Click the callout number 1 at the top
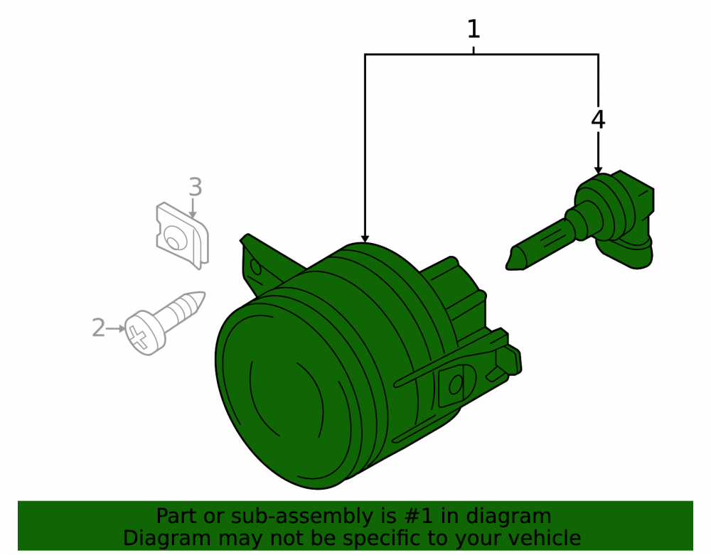[474, 29]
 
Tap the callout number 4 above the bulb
[598, 120]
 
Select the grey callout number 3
[196, 187]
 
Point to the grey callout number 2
[98, 328]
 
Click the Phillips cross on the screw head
[138, 337]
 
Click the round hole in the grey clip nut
[173, 239]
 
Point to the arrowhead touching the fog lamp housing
[365, 239]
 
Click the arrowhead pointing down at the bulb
[598, 170]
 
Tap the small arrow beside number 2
[116, 328]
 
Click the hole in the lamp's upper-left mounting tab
[255, 267]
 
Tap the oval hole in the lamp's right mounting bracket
[456, 385]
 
